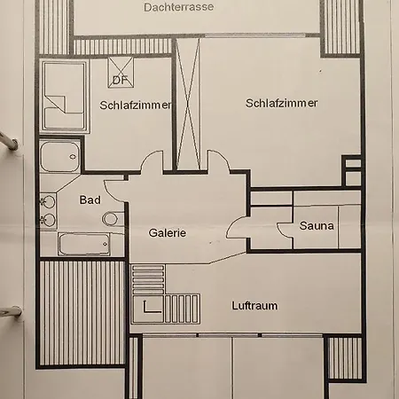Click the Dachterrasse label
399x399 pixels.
point(179,7)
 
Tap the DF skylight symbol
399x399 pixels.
point(121,73)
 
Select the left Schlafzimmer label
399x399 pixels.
point(136,106)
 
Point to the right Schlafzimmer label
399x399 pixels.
point(281,103)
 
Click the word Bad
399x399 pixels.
point(90,200)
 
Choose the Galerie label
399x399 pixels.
point(168,233)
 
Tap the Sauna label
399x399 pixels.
point(317,226)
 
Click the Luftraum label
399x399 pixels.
point(254,306)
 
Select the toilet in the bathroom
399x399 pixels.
point(113,219)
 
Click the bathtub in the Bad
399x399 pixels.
point(84,244)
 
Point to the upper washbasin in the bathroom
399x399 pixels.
point(48,202)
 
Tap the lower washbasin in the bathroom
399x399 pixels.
point(48,220)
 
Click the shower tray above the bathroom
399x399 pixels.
point(59,156)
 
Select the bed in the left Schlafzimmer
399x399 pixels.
point(65,96)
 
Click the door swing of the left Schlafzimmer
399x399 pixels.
point(152,161)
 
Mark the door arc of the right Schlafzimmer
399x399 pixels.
point(219,160)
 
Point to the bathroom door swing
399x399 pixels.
point(113,191)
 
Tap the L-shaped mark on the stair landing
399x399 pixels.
point(152,307)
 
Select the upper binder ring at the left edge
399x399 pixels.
point(8,142)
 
